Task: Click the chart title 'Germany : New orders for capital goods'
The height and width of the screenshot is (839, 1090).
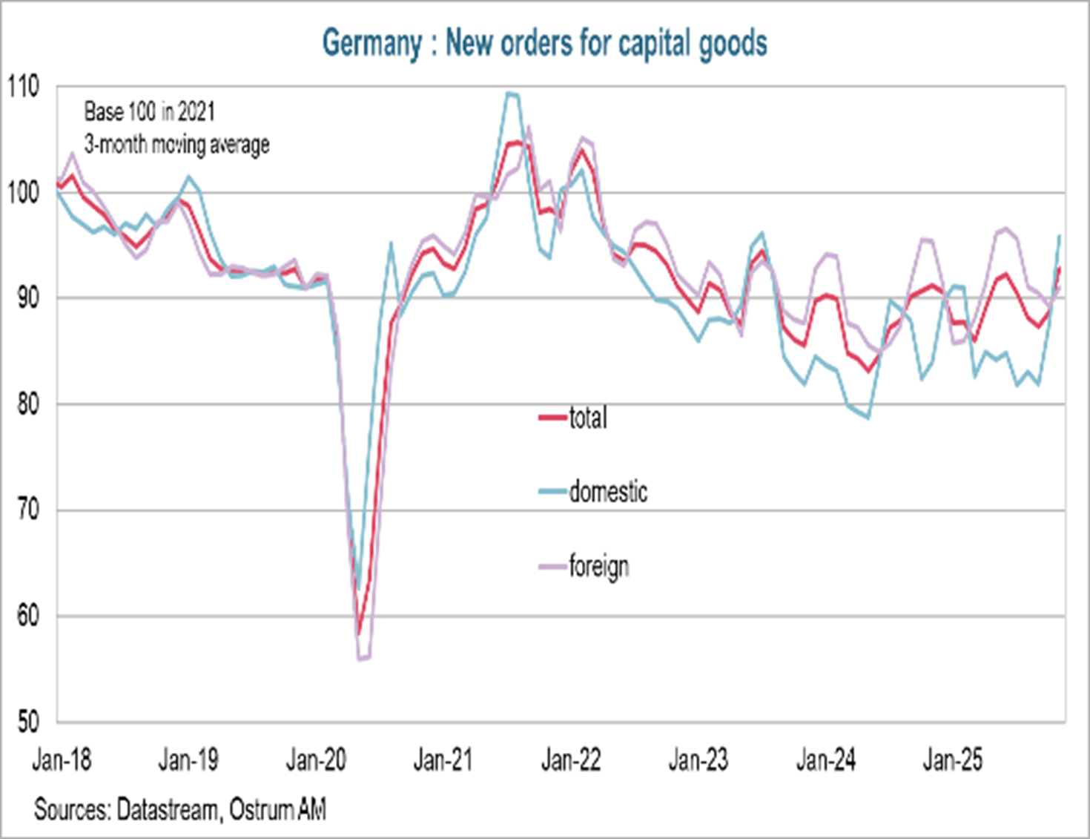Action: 544,43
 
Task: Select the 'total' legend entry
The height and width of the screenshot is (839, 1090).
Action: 587,418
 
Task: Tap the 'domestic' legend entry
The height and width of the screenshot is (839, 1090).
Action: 607,492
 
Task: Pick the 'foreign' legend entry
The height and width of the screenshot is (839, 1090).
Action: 598,567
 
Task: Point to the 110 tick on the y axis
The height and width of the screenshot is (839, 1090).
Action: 23,87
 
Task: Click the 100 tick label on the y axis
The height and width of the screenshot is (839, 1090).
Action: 23,193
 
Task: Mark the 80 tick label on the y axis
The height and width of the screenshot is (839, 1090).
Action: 27,405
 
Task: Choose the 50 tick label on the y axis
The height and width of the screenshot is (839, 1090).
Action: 27,722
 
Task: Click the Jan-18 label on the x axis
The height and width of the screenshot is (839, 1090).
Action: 62,760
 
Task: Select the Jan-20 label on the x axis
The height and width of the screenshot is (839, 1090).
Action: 316,760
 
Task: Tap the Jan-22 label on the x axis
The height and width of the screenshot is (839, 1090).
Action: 570,760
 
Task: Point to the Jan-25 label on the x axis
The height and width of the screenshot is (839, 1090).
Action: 952,760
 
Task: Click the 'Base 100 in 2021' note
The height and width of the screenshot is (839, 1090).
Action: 149,112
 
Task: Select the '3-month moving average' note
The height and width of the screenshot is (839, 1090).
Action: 176,144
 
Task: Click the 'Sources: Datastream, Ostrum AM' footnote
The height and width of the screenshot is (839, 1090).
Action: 179,809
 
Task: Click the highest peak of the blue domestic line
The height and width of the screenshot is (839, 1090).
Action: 509,93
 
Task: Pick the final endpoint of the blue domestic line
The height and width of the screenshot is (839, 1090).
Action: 1060,236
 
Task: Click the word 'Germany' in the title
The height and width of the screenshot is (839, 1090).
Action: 371,43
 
